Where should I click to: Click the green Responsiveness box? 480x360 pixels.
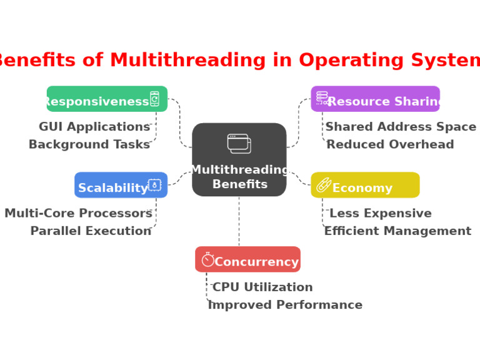click(107, 99)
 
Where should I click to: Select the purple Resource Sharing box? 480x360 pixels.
click(375, 99)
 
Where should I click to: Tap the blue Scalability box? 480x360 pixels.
click(121, 186)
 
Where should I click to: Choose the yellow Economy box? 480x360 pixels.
click(365, 186)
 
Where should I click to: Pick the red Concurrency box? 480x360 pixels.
click(247, 260)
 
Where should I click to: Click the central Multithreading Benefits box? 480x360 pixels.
click(239, 160)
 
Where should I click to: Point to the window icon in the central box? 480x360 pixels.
click(239, 143)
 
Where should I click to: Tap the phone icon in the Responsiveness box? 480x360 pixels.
click(154, 99)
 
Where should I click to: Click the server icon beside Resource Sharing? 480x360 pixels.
click(322, 97)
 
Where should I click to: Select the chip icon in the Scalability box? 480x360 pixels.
click(154, 184)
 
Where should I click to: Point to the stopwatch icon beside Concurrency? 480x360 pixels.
click(207, 259)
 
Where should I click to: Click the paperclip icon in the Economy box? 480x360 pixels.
click(323, 184)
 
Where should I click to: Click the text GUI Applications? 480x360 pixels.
click(94, 127)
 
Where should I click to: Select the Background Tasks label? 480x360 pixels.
click(89, 145)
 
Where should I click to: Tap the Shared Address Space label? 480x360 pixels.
click(401, 127)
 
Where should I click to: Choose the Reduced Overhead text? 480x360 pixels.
click(390, 145)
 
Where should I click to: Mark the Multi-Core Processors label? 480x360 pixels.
click(78, 214)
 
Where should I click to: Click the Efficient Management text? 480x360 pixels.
click(397, 231)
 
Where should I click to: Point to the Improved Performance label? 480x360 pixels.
click(285, 305)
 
